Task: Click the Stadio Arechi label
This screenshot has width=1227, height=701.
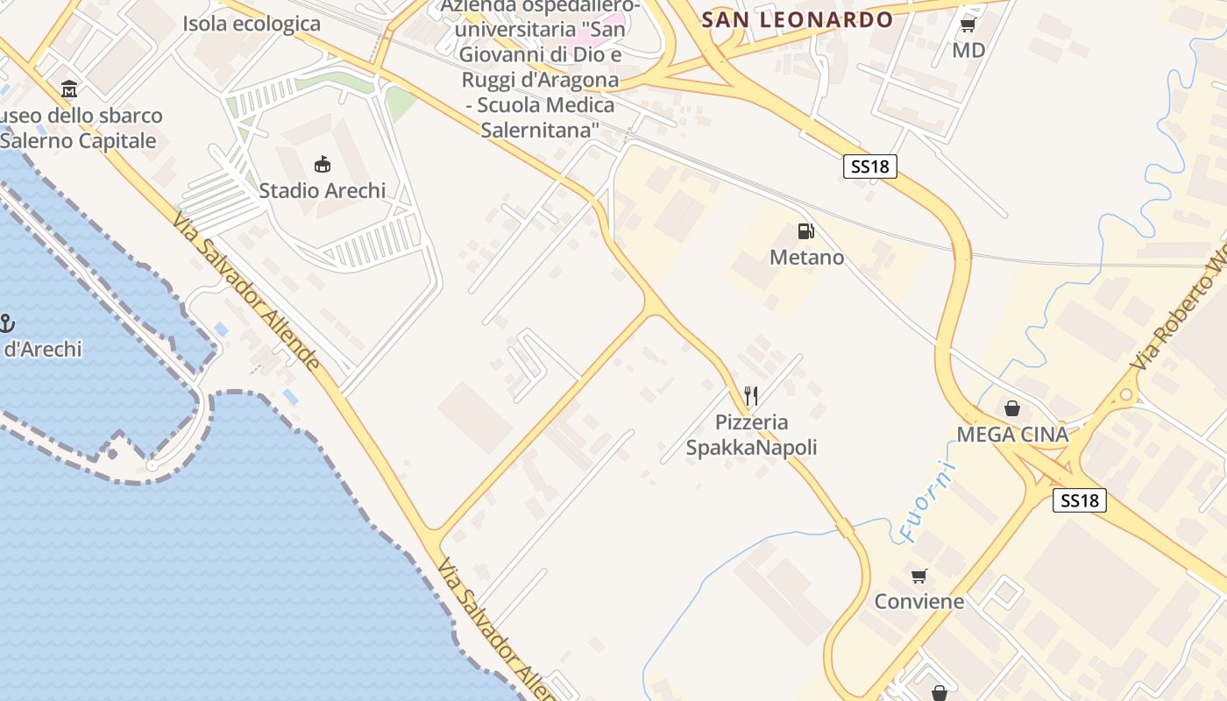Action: click(x=322, y=190)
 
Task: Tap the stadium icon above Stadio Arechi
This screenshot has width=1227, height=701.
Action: click(x=322, y=164)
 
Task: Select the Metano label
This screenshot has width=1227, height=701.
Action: click(x=806, y=258)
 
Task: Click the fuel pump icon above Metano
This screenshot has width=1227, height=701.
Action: click(x=805, y=231)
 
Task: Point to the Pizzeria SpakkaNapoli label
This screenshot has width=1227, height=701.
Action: click(x=751, y=435)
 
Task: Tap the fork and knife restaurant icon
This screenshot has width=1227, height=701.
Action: click(x=750, y=396)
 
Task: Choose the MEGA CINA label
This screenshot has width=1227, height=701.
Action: click(x=1012, y=435)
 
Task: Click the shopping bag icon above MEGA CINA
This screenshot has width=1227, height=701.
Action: click(x=1012, y=408)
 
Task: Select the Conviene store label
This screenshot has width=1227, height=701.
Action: click(x=918, y=601)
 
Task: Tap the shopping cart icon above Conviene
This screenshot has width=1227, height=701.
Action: click(x=918, y=576)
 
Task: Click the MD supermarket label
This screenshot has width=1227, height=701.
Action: click(x=968, y=50)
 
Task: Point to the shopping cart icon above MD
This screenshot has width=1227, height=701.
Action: click(x=968, y=25)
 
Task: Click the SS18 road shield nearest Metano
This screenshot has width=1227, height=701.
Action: click(x=869, y=166)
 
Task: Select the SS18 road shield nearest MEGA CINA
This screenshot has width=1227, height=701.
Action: click(x=1079, y=500)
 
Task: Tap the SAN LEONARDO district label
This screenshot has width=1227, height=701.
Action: click(x=798, y=19)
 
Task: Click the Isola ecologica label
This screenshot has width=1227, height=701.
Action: click(x=252, y=24)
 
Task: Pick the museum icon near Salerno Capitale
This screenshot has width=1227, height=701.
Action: click(x=69, y=89)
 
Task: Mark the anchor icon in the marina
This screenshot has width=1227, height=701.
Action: click(x=6, y=323)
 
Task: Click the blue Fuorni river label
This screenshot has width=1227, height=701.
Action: click(x=927, y=502)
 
